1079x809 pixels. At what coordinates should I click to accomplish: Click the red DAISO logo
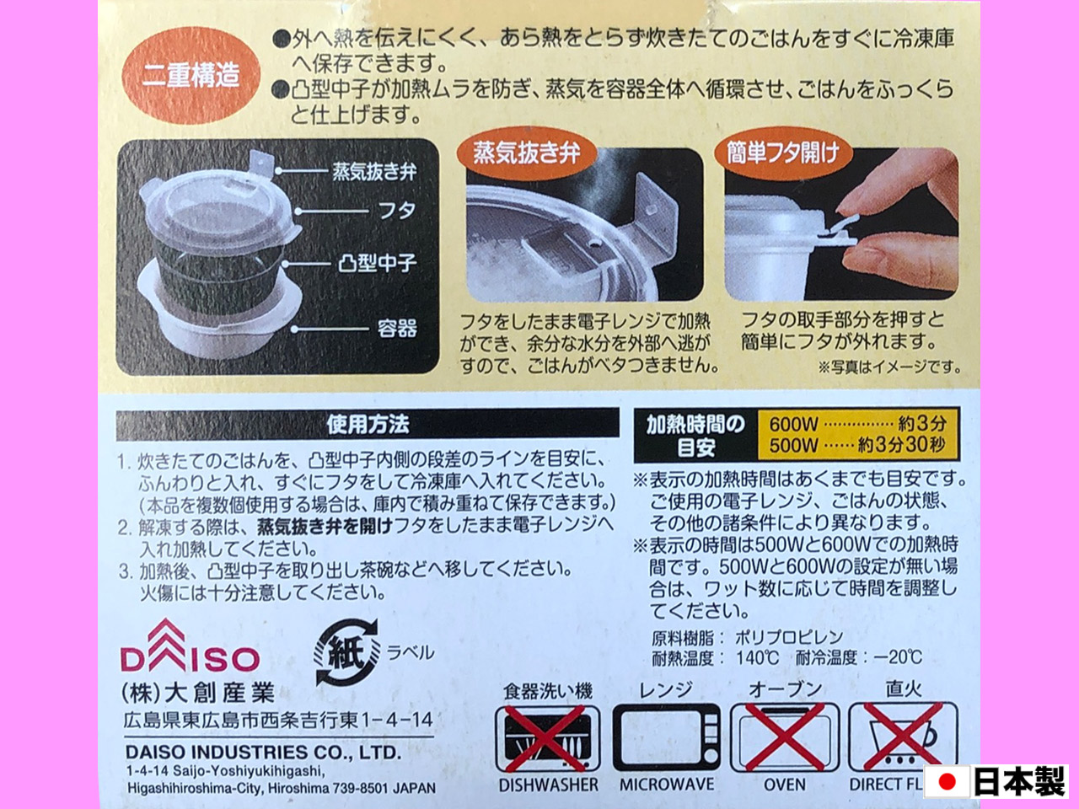pyautogui.click(x=191, y=646)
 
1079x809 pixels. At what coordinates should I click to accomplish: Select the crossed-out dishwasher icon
pyautogui.click(x=548, y=738)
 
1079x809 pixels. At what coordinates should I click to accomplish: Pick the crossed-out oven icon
pyautogui.click(x=785, y=738)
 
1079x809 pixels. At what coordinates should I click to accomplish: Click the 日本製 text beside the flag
pyautogui.click(x=1018, y=782)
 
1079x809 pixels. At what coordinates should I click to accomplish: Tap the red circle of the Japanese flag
pyautogui.click(x=947, y=782)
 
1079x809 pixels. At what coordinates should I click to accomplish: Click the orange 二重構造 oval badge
pyautogui.click(x=191, y=75)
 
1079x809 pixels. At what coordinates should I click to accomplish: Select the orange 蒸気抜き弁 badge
pyautogui.click(x=527, y=153)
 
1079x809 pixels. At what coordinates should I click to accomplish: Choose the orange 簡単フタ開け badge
pyautogui.click(x=784, y=153)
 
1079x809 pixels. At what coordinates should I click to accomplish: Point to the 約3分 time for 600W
pyautogui.click(x=922, y=423)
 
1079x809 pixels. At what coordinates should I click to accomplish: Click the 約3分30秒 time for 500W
pyautogui.click(x=901, y=445)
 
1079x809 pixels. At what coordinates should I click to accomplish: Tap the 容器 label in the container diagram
pyautogui.click(x=397, y=329)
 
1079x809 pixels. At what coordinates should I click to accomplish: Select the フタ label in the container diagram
pyautogui.click(x=398, y=211)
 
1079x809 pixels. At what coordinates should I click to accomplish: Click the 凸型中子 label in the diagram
pyautogui.click(x=378, y=265)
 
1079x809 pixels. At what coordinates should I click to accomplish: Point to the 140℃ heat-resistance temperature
pyautogui.click(x=758, y=657)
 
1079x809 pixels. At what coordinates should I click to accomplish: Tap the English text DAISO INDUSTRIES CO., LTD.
pyautogui.click(x=264, y=753)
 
